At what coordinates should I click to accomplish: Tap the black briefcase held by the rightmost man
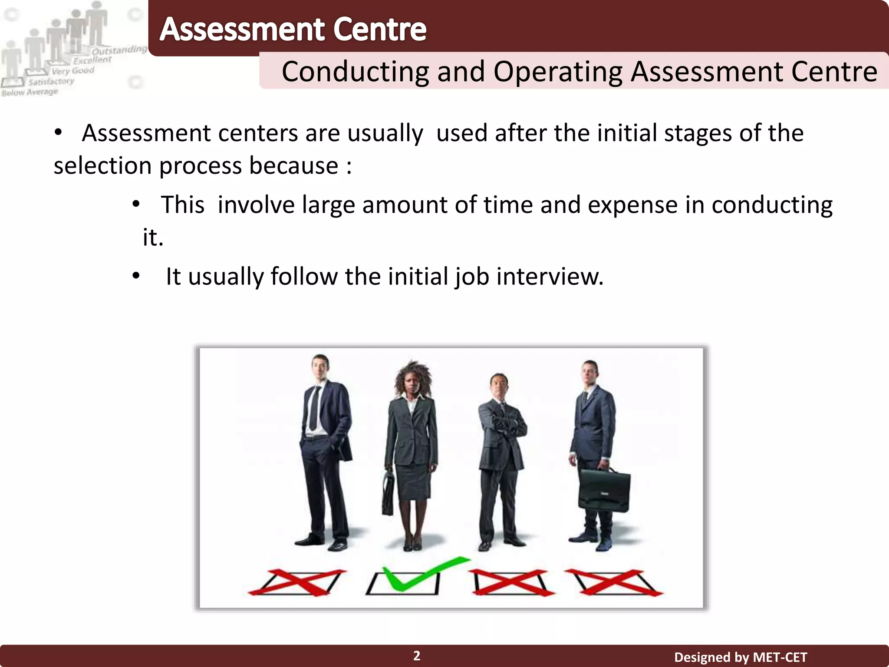tap(604, 491)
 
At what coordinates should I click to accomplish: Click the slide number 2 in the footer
tap(417, 656)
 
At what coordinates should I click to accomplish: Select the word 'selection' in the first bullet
tap(102, 166)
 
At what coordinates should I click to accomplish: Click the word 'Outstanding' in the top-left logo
tap(119, 50)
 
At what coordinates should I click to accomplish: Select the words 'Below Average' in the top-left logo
tap(30, 92)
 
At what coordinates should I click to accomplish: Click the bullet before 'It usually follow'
tap(136, 276)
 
